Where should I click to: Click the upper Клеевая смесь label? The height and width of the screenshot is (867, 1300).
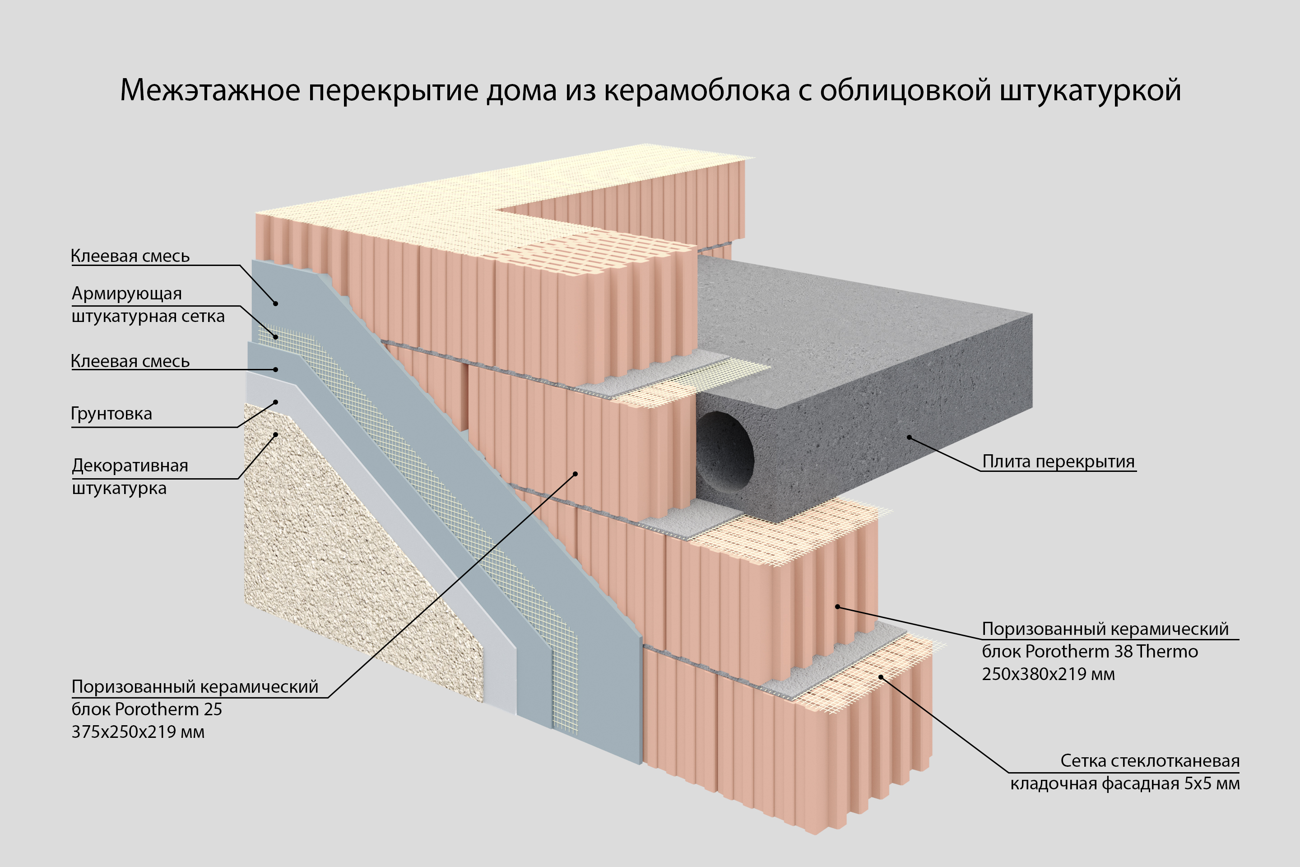[x=130, y=256]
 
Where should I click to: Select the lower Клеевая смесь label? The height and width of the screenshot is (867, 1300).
[x=130, y=361]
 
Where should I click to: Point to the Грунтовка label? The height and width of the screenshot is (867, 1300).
[x=111, y=414]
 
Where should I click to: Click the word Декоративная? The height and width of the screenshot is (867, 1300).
[x=130, y=466]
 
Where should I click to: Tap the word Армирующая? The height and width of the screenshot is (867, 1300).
[x=126, y=294]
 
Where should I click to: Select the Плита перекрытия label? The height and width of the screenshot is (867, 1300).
[x=1058, y=461]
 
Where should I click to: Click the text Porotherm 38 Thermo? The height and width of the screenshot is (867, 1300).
[x=1111, y=651]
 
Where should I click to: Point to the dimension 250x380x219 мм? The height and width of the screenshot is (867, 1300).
[x=1048, y=674]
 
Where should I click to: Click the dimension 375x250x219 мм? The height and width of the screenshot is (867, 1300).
[x=138, y=732]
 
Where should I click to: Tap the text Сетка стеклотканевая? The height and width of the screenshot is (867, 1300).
[x=1150, y=761]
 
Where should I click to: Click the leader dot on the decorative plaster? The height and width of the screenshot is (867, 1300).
[x=275, y=434]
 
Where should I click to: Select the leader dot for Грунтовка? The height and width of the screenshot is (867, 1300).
[x=275, y=402]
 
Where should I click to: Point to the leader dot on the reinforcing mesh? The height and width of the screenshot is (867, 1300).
[x=275, y=337]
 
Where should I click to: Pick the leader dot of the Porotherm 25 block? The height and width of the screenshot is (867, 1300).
[x=576, y=474]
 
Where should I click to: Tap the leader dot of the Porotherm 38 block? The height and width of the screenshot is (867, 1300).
[x=837, y=606]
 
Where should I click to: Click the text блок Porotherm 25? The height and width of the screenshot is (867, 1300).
[x=146, y=709]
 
